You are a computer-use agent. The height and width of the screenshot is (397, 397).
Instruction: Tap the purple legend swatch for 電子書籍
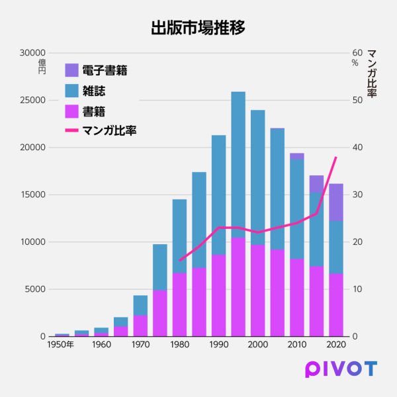[x=71, y=70]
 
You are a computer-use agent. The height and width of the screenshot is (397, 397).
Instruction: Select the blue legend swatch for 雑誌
[x=71, y=91]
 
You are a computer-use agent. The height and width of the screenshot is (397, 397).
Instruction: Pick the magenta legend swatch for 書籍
[x=71, y=110]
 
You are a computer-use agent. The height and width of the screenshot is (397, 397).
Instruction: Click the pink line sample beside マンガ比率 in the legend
[x=71, y=130]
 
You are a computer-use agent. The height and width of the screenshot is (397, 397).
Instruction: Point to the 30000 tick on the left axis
[x=32, y=53]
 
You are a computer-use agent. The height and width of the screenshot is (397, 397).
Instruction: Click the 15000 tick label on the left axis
[x=32, y=195]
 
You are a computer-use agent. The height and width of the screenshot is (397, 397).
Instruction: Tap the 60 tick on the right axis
[x=357, y=53]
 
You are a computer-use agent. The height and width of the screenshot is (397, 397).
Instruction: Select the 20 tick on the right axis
[x=357, y=242]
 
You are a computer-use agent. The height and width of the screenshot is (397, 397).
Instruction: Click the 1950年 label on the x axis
[x=60, y=345]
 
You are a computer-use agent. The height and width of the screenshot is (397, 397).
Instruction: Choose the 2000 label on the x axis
[x=258, y=345]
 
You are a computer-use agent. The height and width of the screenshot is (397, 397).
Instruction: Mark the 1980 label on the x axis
[x=179, y=345]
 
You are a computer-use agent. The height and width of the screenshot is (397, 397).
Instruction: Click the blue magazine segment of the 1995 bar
[x=238, y=165]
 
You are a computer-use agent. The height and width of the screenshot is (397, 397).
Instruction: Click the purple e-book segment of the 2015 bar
[x=316, y=184]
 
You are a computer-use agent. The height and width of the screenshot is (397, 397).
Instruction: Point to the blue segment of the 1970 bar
[x=140, y=305]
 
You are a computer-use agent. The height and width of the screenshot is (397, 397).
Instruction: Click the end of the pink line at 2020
[x=336, y=157]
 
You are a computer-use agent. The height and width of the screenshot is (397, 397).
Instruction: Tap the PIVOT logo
[x=341, y=369]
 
